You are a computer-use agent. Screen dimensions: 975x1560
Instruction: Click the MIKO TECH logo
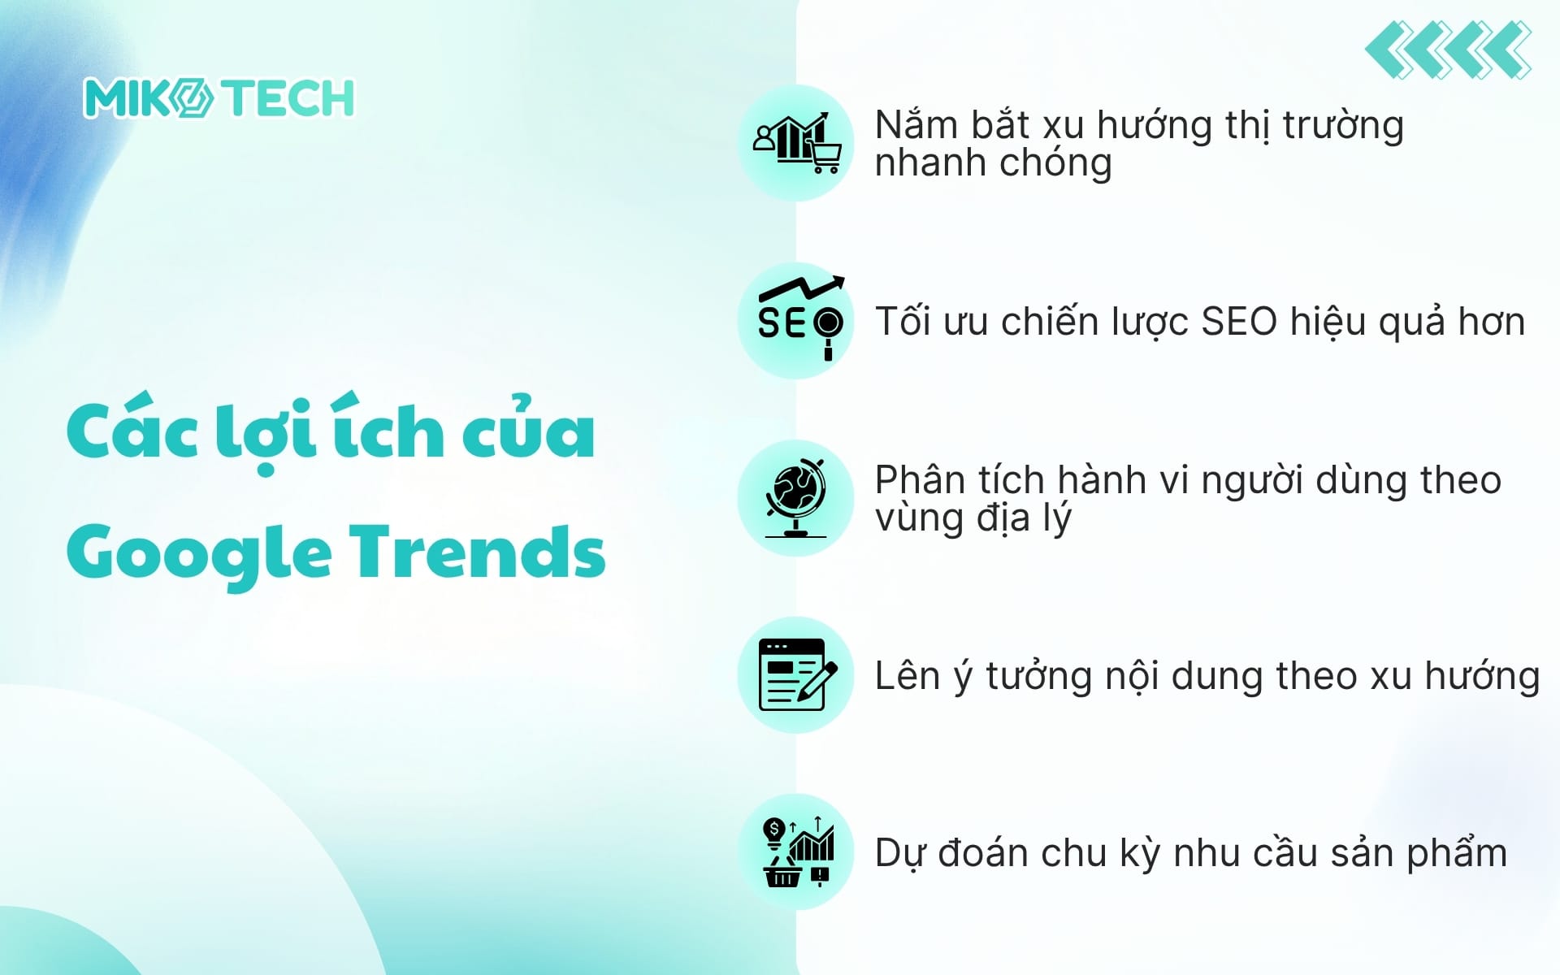pos(219,98)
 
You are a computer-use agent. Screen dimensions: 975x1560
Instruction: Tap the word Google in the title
pos(200,553)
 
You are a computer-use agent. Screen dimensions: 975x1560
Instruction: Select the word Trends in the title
pos(478,552)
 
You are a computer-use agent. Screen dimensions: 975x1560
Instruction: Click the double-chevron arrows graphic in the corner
pos(1449,50)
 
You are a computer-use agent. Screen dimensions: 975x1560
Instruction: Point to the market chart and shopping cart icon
pos(795,143)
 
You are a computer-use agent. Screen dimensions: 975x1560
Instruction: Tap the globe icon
pos(795,497)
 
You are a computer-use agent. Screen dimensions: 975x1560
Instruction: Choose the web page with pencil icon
pos(795,674)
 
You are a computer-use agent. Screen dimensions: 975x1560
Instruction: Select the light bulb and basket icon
pos(795,851)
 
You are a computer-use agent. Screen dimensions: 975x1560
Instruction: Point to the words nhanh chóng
pos(993,163)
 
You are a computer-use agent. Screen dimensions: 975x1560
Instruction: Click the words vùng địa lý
pos(973,518)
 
